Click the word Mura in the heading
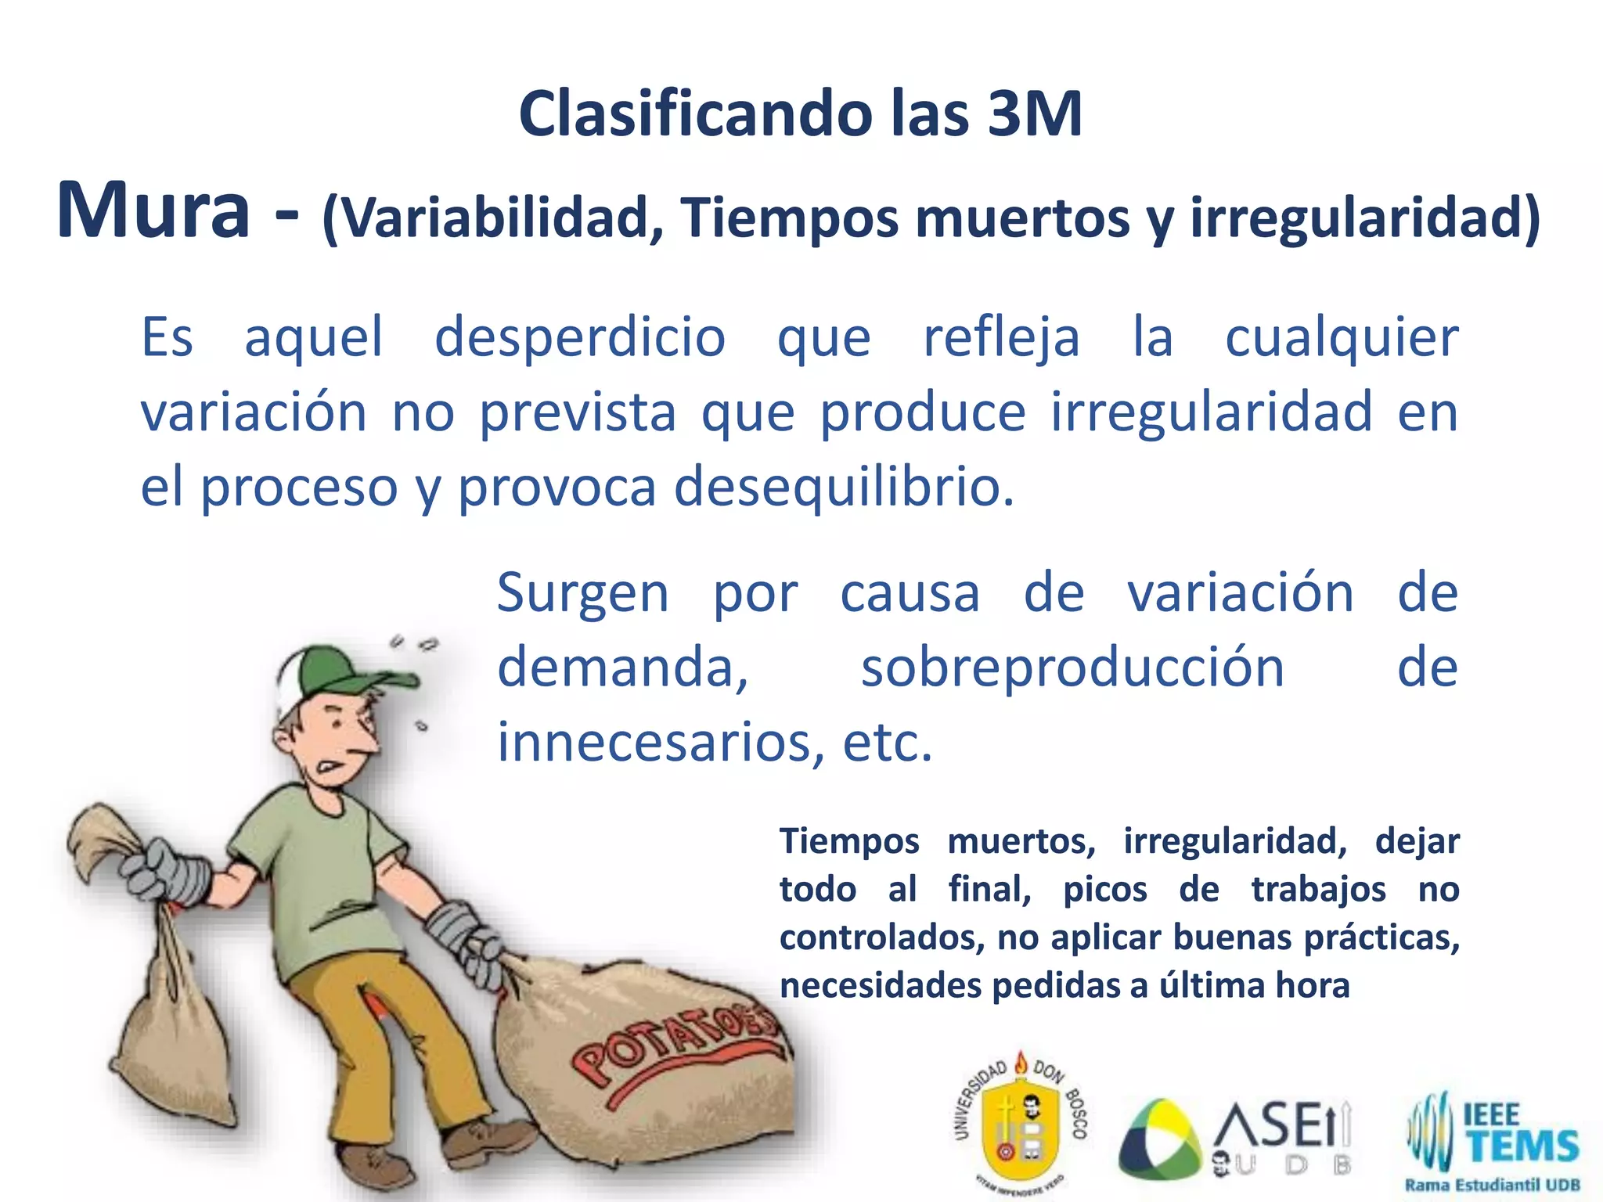click(x=153, y=211)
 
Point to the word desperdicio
click(x=580, y=338)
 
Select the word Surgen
click(x=583, y=593)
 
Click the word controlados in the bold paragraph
click(x=881, y=937)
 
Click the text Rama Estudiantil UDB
click(x=1492, y=1185)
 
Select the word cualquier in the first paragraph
click(x=1341, y=338)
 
